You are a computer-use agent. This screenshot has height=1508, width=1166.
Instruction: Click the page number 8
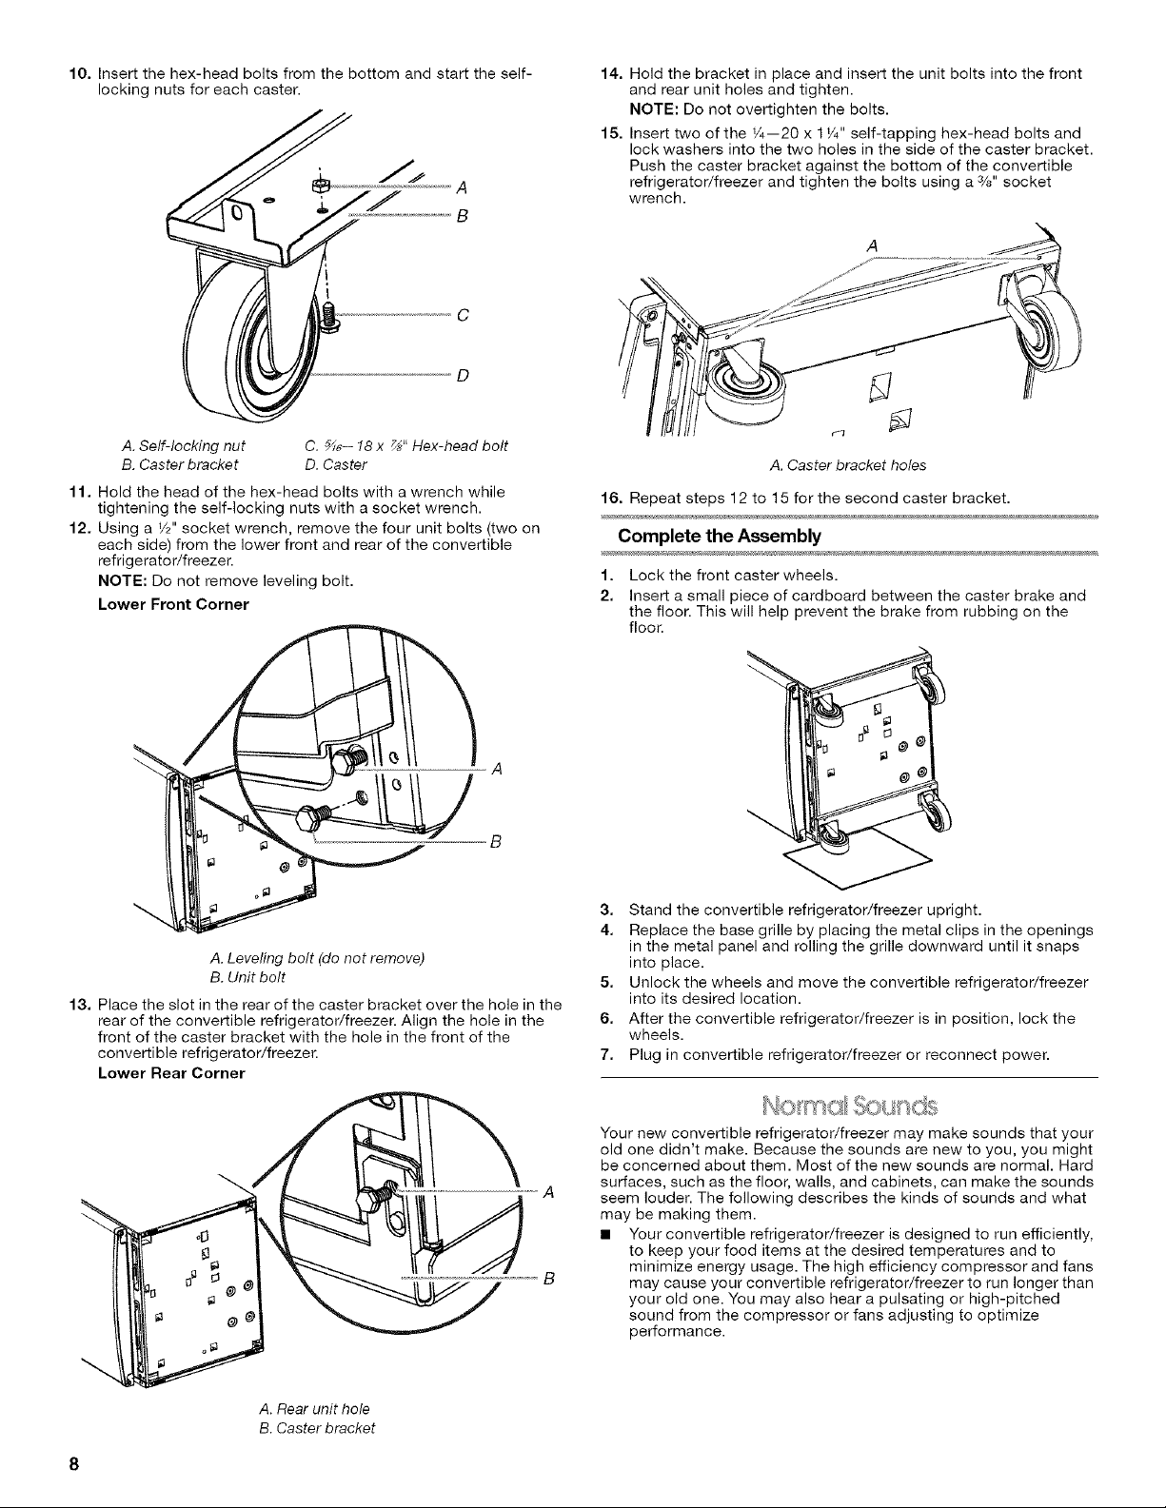point(73,1463)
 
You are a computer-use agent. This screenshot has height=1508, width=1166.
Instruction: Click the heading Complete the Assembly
point(719,537)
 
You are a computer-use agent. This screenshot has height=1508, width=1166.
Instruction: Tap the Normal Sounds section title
point(849,1106)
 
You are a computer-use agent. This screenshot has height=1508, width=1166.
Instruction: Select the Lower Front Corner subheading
point(173,604)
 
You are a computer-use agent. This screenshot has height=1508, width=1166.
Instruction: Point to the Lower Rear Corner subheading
point(171,1073)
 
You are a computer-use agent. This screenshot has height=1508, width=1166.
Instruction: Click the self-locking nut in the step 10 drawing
point(321,186)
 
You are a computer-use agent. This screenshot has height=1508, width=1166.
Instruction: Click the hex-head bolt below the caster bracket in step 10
point(329,314)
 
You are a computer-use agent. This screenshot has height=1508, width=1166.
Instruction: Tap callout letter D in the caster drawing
point(463,376)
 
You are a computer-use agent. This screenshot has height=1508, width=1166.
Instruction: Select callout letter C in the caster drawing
point(463,316)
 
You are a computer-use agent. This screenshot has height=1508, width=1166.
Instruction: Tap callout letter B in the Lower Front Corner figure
point(496,842)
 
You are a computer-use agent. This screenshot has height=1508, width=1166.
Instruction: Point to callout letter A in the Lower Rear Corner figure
point(548,1193)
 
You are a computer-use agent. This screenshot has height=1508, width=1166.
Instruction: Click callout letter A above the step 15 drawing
point(873,246)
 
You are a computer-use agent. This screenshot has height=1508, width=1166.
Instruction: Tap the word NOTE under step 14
point(654,109)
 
